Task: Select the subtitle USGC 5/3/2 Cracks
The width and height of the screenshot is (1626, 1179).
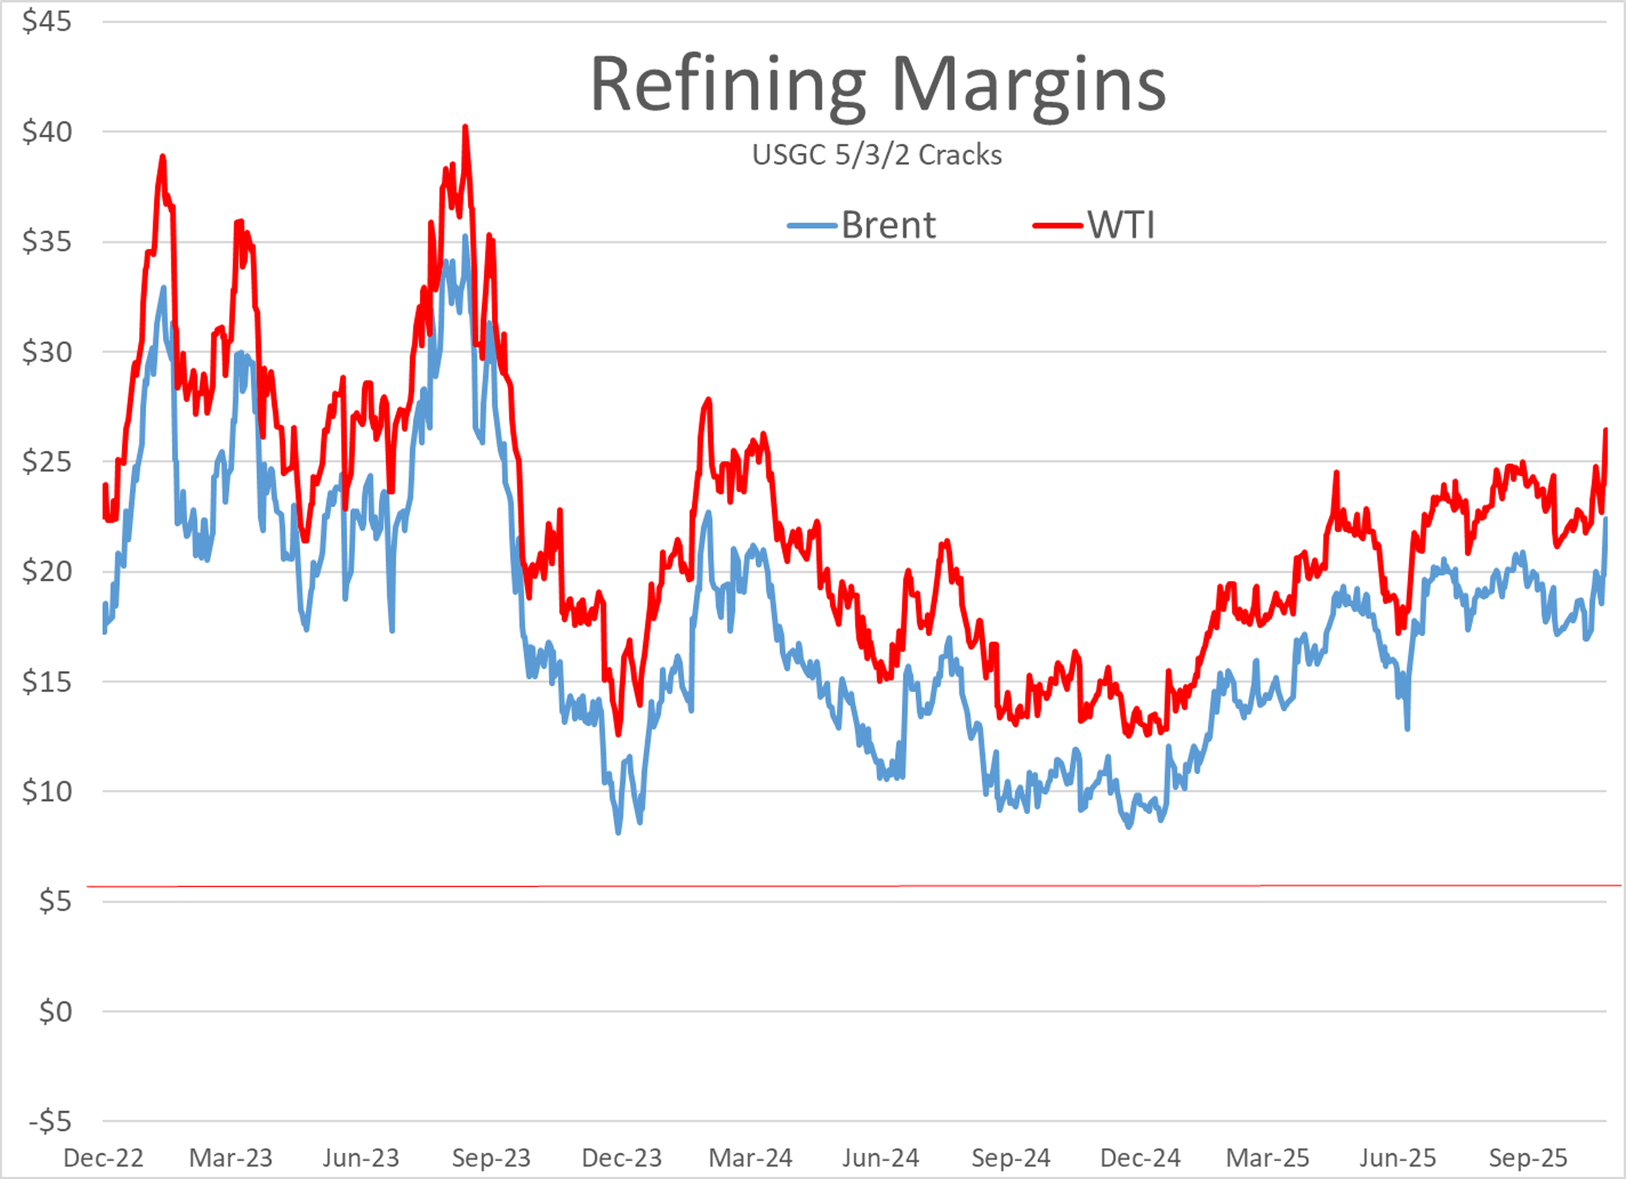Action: point(877,155)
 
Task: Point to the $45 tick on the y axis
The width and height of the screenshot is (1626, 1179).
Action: point(47,22)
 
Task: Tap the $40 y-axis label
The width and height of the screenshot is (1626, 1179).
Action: point(47,132)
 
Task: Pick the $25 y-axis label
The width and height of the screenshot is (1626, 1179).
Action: point(47,462)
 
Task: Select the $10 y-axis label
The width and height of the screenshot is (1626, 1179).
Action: point(47,791)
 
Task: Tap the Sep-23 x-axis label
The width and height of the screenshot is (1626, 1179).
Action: point(491,1157)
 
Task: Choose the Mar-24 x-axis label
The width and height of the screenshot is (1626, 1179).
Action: point(751,1157)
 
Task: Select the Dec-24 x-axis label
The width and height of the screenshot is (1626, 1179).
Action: point(1140,1157)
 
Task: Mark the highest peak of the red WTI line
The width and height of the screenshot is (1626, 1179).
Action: point(465,127)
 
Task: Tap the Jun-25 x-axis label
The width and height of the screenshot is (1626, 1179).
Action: point(1398,1157)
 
